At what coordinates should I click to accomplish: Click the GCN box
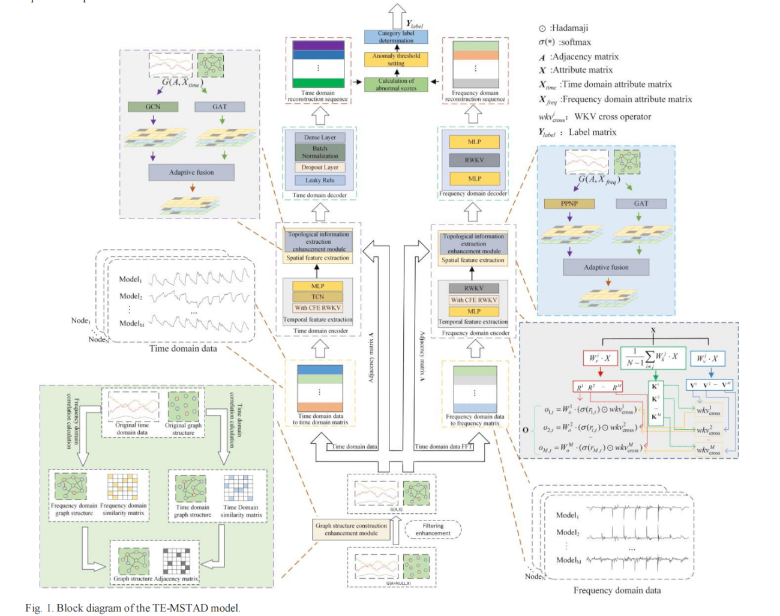point(153,107)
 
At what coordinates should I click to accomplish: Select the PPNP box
point(569,204)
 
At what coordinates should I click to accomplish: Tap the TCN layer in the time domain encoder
point(317,297)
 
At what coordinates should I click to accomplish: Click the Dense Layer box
point(320,137)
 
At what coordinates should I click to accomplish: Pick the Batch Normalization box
point(320,152)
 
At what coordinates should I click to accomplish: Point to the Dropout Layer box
point(320,168)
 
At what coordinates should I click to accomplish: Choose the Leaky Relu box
point(320,180)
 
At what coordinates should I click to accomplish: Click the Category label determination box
point(396,37)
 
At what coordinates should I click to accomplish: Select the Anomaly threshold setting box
point(396,59)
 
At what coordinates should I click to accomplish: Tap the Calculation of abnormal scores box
point(396,84)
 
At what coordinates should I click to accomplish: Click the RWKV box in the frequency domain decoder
point(474,160)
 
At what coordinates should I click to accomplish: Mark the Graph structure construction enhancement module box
point(351,529)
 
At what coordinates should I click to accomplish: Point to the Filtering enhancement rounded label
point(433,530)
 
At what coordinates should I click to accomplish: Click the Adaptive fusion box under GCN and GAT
point(191,172)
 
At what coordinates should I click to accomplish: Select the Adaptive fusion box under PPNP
point(606,267)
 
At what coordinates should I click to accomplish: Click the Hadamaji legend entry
point(564,28)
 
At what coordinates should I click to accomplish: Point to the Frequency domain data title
point(617,591)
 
